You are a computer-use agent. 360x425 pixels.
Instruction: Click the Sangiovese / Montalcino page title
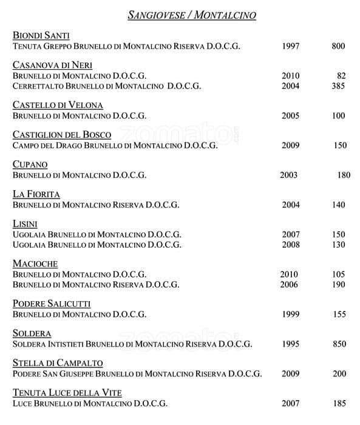[x=192, y=15]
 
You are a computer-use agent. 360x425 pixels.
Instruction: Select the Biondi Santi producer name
[x=41, y=36]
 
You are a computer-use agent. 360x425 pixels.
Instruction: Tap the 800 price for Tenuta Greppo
[x=338, y=46]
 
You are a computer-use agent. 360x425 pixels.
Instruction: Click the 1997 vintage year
[x=291, y=46]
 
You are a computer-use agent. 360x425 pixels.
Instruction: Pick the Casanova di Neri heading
[x=52, y=66]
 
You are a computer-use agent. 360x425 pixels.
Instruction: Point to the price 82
[x=341, y=76]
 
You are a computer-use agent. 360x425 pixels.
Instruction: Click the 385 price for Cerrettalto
[x=338, y=86]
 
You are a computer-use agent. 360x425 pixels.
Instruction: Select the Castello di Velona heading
[x=58, y=105]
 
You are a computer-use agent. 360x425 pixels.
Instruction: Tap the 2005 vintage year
[x=291, y=115]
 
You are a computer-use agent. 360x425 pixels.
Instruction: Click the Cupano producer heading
[x=30, y=165]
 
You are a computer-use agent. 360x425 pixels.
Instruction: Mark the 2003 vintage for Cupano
[x=289, y=175]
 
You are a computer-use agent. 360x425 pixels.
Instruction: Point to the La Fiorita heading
[x=36, y=194]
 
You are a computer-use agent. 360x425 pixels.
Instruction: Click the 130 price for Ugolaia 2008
[x=338, y=245]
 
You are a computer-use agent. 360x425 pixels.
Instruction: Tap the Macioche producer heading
[x=35, y=264]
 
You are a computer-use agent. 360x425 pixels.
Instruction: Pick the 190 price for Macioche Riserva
[x=338, y=285]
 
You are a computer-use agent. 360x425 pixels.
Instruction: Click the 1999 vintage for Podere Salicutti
[x=291, y=314]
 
